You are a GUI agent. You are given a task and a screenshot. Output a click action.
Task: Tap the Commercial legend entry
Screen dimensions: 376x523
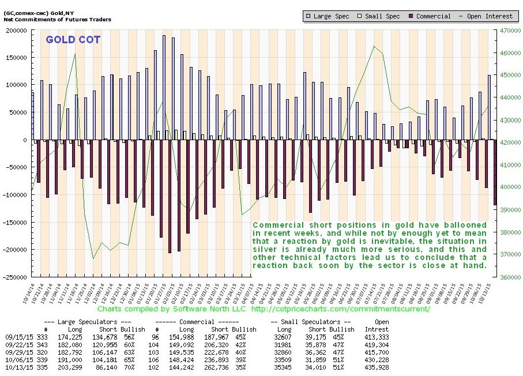(x=430, y=16)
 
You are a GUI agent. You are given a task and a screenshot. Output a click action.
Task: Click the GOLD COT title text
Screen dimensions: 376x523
(x=73, y=40)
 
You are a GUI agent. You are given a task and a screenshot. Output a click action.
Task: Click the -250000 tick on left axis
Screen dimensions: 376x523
(x=16, y=276)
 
